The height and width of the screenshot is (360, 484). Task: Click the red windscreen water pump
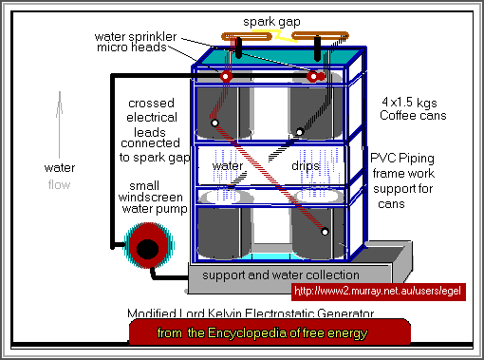point(147,249)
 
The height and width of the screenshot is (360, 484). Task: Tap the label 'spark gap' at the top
point(271,19)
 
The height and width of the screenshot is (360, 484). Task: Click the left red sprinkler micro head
point(227,75)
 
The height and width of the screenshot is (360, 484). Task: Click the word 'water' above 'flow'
point(59,168)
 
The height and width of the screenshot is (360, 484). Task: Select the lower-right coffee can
point(318,228)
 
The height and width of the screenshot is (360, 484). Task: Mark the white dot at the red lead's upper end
point(215,123)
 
